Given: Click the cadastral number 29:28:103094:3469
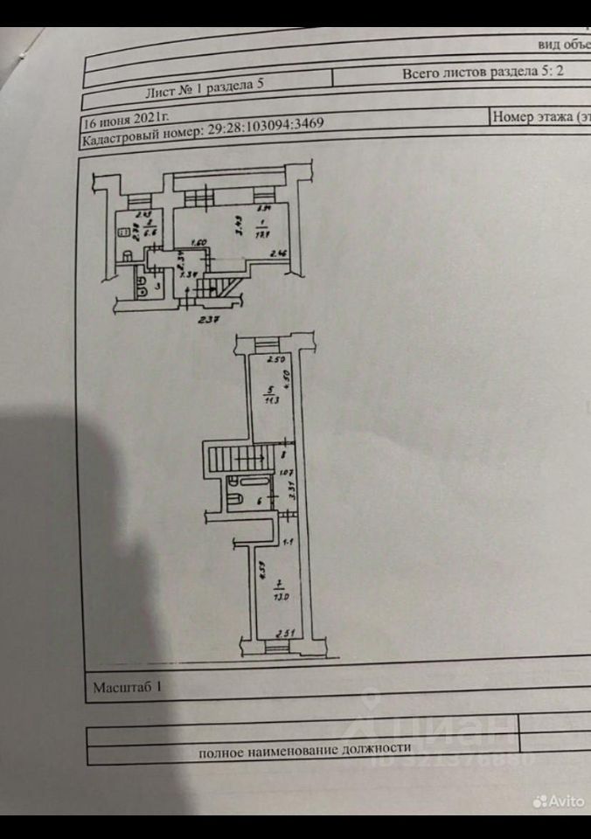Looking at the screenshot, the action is (x=266, y=125).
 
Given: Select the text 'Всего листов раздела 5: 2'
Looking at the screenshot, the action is (x=482, y=73).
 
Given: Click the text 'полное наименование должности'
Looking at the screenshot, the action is (x=304, y=750).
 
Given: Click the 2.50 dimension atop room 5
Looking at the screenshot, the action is (x=277, y=360).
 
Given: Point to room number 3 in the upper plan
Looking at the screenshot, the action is (x=157, y=285).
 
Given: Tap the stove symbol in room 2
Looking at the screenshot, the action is (x=123, y=232).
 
